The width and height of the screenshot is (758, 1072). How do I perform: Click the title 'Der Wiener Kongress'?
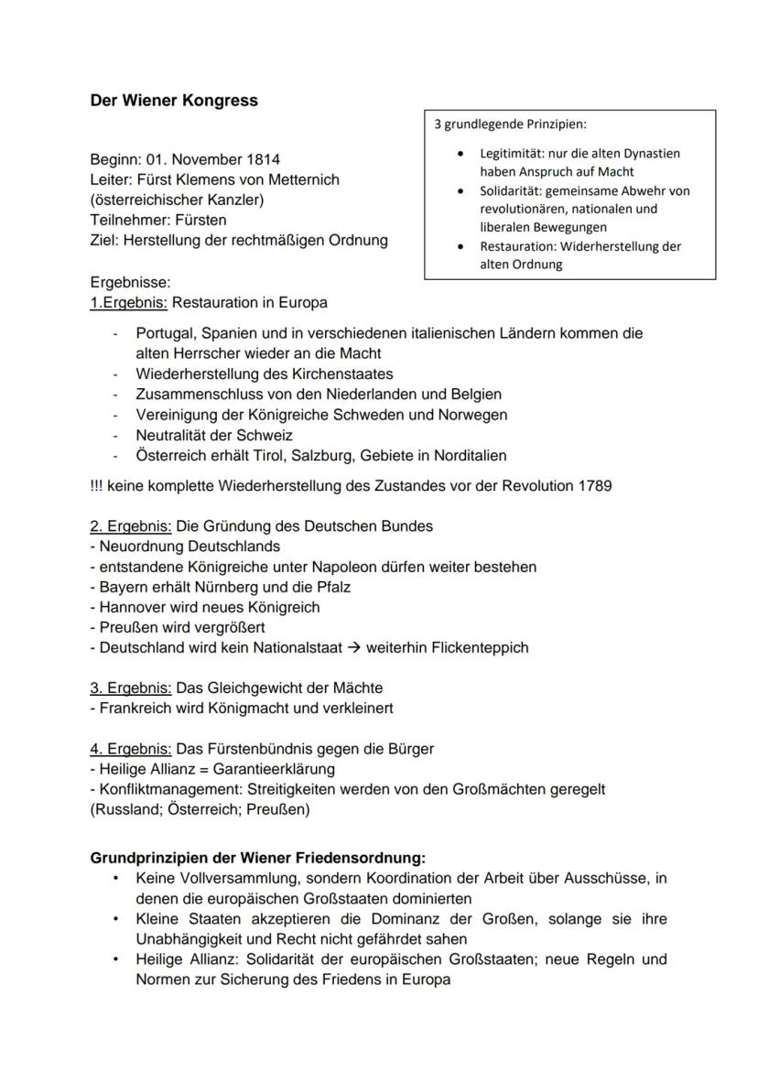[x=174, y=101]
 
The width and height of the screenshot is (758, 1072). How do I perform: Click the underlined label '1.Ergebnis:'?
[x=129, y=302]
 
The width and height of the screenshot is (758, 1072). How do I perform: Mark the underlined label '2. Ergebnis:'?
[x=131, y=526]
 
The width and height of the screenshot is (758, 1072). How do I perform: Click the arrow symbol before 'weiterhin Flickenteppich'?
[x=355, y=647]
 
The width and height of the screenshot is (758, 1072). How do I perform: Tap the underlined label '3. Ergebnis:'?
[x=131, y=688]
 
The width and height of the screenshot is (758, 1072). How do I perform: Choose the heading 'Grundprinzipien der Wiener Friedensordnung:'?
[x=257, y=859]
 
